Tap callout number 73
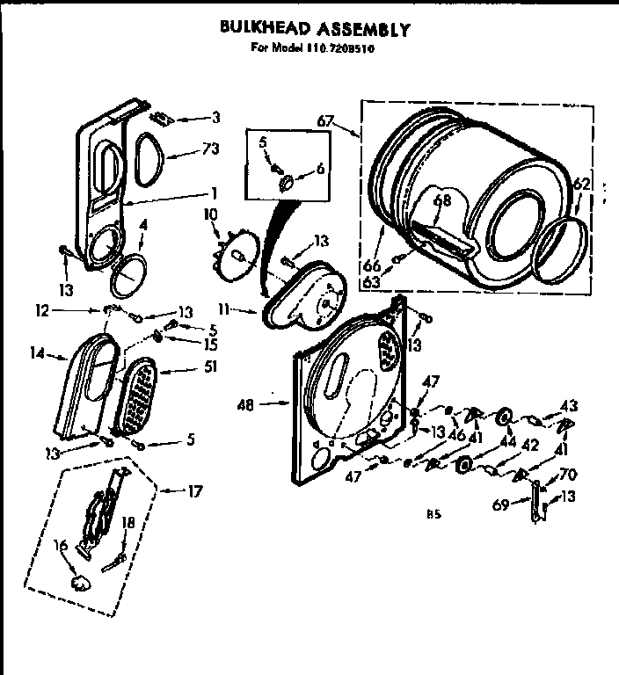[x=209, y=149]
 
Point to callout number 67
[x=325, y=120]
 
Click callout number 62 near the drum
[x=581, y=184]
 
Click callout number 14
[x=36, y=356]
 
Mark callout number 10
[x=210, y=215]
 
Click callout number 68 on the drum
[x=443, y=201]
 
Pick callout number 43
[x=570, y=404]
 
